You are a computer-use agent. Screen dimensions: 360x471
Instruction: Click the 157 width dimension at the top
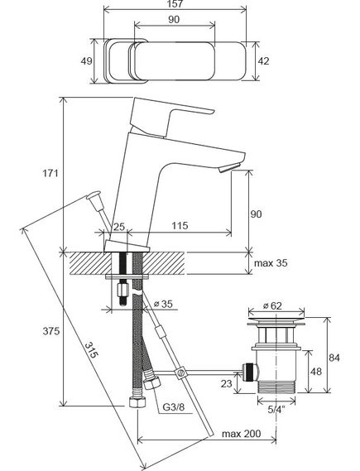pos(175,4)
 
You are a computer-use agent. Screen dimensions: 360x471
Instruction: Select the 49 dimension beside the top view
pos(86,61)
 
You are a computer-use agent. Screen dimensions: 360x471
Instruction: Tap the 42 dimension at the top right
pos(263,61)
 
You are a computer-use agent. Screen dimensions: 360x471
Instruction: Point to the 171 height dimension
pos(50,173)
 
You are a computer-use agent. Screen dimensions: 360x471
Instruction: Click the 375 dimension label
pos(51,331)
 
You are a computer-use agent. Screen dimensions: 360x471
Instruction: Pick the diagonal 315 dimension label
pos(91,350)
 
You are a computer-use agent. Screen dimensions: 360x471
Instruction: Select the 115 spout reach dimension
pos(180,225)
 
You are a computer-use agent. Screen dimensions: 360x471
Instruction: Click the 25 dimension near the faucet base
pos(119,227)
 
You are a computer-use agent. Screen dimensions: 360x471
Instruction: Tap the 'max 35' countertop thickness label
pos(271,263)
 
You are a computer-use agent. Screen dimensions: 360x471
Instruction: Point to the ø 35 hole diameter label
pos(163,304)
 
